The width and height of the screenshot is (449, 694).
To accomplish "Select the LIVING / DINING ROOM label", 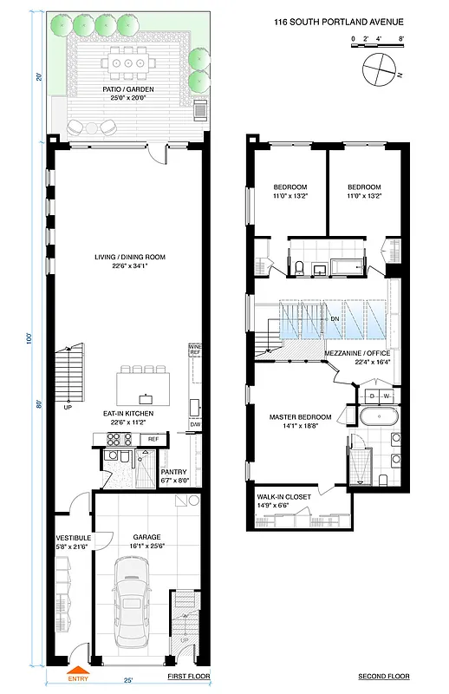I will pos(129,261).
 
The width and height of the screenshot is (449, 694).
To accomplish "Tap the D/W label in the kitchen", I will pos(195,424).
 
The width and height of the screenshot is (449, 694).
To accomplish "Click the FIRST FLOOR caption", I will pos(187,676).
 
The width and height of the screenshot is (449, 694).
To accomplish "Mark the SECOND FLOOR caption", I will pos(384,676).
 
